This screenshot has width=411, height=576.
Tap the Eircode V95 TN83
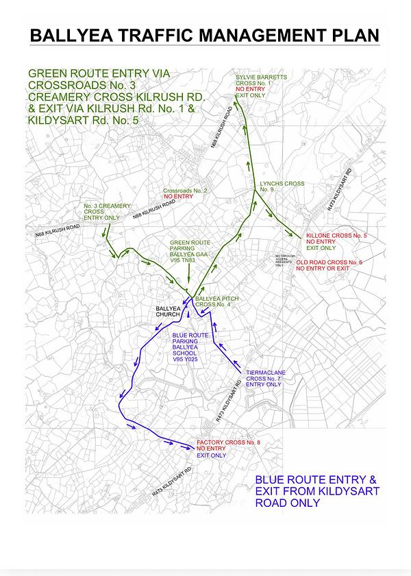click(x=183, y=260)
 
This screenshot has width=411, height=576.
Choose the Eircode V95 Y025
click(x=185, y=359)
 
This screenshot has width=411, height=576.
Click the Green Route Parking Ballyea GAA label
click(x=189, y=248)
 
